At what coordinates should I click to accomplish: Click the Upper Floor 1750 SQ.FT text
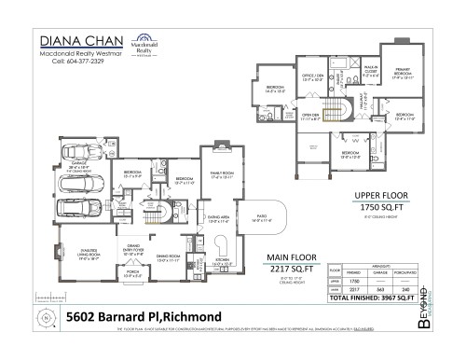point(372,202)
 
